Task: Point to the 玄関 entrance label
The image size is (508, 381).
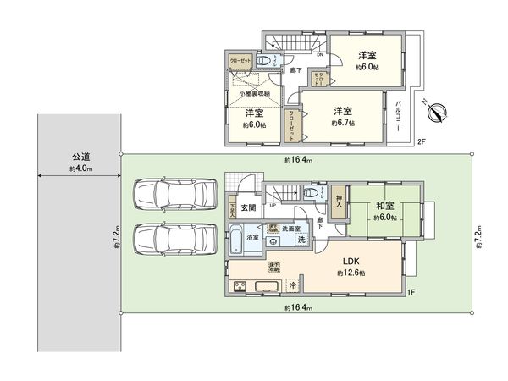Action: click(248, 207)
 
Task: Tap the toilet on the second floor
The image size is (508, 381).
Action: click(267, 61)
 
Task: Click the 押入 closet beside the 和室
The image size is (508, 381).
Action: click(338, 201)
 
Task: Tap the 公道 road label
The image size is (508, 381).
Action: click(81, 157)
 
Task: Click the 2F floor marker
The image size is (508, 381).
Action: click(421, 142)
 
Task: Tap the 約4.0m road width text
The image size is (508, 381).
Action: click(81, 169)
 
